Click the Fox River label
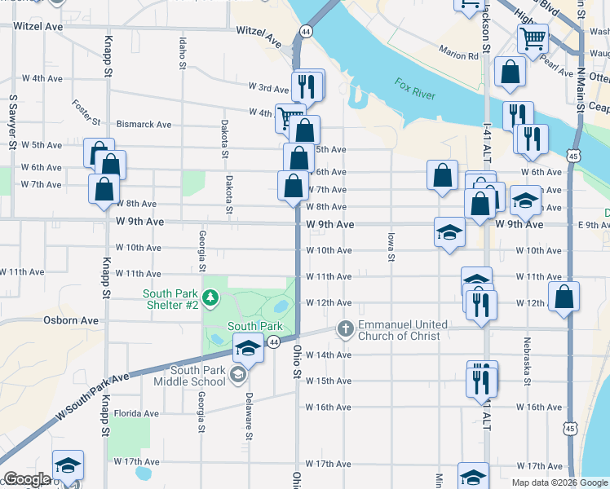point(415,89)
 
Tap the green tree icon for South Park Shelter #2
point(211,299)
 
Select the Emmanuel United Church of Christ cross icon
point(345,329)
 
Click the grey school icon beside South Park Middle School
point(237,375)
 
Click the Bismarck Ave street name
point(144,125)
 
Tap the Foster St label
point(86,112)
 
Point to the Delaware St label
point(249,416)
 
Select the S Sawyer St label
point(12,122)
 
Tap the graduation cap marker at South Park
point(248,349)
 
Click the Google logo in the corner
point(27,479)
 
